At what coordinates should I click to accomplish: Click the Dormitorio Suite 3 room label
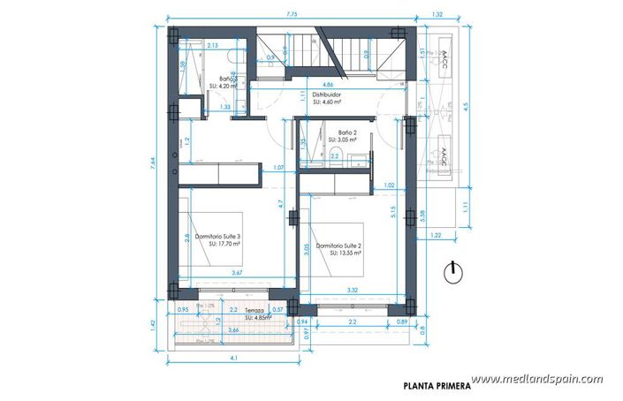(x=217, y=237)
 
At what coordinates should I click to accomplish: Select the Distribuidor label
(x=326, y=95)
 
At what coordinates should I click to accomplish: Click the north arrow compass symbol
(x=453, y=269)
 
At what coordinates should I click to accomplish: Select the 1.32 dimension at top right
(x=436, y=14)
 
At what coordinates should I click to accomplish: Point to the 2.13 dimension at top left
(x=212, y=45)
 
